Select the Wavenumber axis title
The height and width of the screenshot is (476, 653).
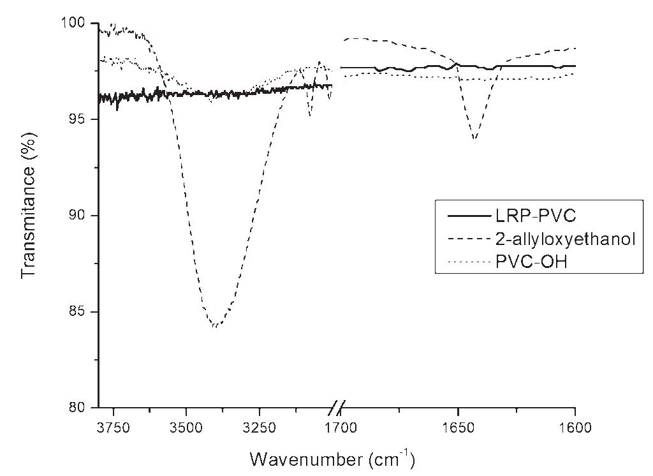pyautogui.click(x=332, y=458)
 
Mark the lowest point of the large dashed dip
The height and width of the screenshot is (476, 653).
pyautogui.click(x=216, y=326)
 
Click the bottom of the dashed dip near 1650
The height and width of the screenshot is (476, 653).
pyautogui.click(x=474, y=139)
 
